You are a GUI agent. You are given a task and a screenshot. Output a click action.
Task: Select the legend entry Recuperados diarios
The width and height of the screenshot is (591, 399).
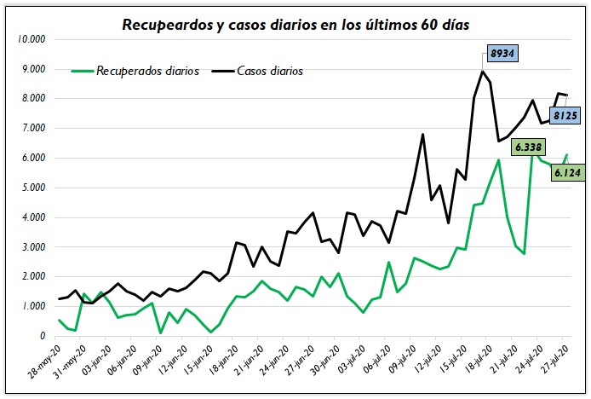[x=147, y=71]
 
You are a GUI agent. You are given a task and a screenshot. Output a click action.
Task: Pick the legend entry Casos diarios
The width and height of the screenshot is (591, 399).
[x=269, y=71]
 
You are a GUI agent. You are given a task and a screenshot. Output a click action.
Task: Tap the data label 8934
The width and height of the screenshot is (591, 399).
[x=502, y=54]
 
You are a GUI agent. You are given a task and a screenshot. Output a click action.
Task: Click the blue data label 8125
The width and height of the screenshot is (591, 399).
[x=566, y=115]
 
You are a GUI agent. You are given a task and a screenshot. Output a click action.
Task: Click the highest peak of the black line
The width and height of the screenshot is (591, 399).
[x=483, y=71]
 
